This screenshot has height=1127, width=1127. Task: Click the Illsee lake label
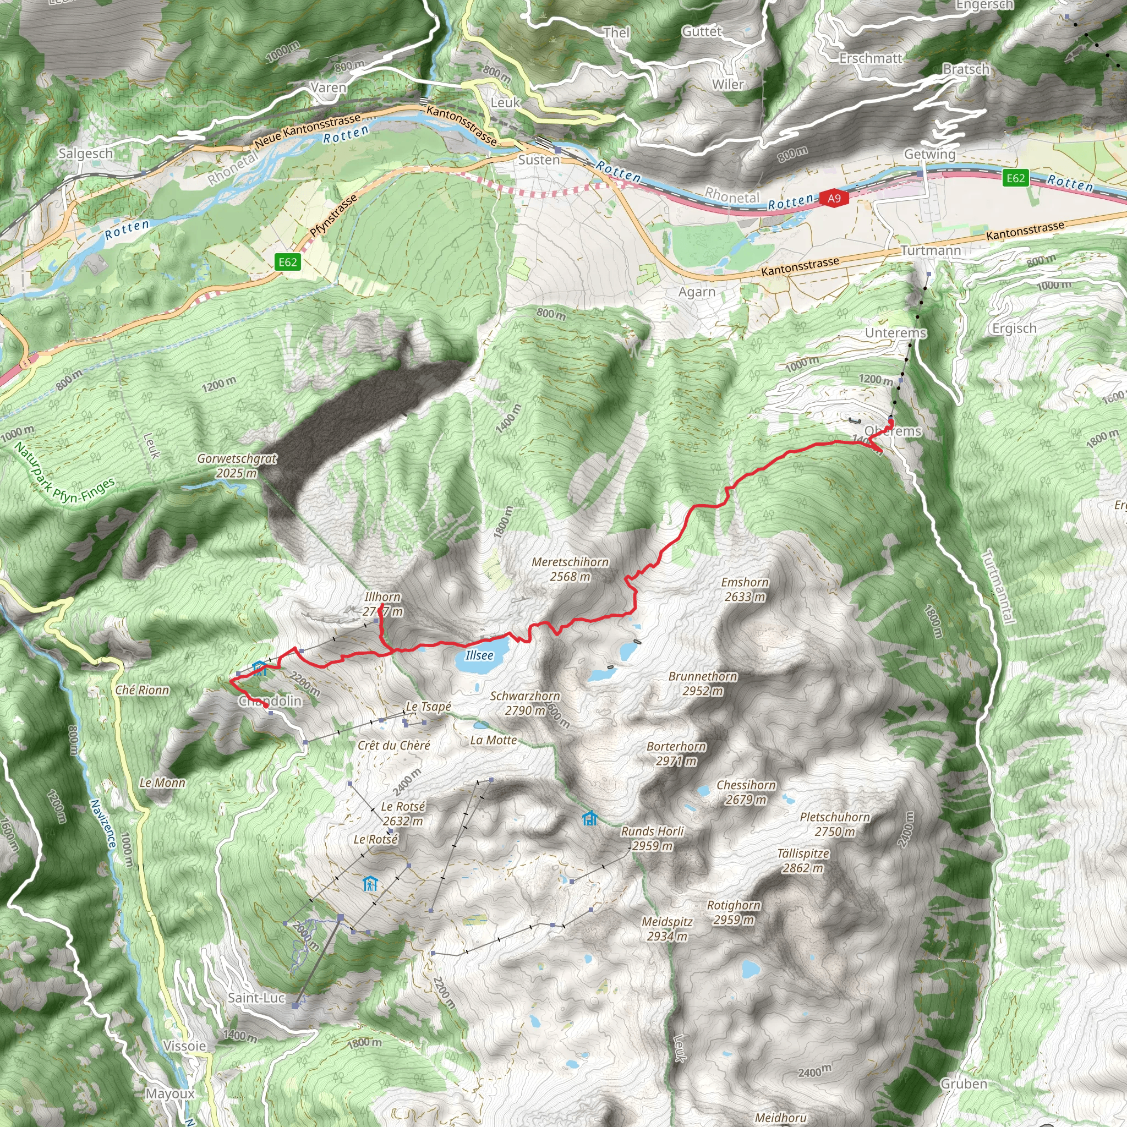[479, 655]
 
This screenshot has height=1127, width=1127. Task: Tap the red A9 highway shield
[834, 198]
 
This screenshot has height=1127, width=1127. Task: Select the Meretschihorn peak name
[570, 562]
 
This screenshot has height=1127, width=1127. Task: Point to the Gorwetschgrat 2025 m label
[237, 466]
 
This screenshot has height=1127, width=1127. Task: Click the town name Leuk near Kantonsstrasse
[505, 103]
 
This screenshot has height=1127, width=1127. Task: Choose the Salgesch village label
[86, 154]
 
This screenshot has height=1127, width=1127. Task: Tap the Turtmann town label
[931, 251]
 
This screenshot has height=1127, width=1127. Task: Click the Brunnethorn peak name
[703, 677]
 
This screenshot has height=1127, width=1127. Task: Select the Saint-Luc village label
[256, 998]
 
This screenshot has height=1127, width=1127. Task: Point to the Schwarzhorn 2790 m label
[525, 703]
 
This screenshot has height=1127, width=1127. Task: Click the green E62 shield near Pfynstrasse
[288, 262]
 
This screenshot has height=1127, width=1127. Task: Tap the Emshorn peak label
[745, 582]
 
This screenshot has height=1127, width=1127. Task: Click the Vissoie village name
[184, 1046]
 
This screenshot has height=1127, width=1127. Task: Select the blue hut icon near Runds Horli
[590, 818]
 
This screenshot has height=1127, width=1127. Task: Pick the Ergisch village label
[1014, 329]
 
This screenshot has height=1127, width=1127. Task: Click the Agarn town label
[697, 292]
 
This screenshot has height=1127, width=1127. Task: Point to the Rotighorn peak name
[734, 905]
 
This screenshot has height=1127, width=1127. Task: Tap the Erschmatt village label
[871, 58]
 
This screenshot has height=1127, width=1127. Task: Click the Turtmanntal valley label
[999, 587]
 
